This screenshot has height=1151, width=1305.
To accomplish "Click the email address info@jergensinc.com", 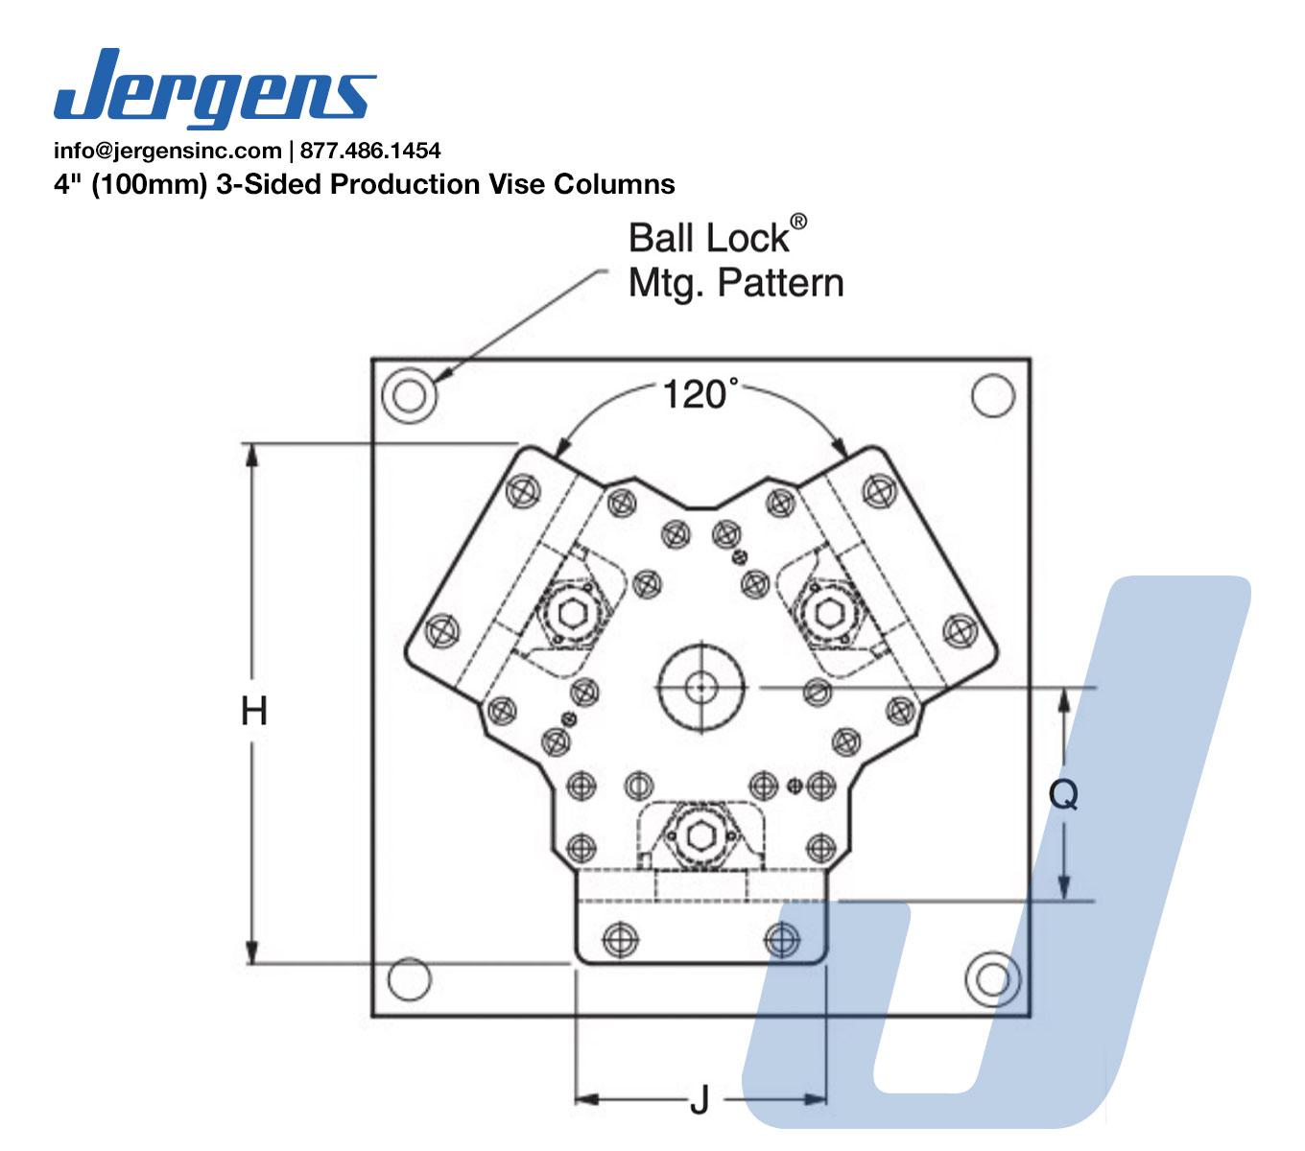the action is pos(168,151).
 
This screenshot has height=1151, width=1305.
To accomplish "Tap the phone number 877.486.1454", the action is pos(370,151).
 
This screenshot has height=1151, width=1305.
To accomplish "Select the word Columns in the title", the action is pos(614,184).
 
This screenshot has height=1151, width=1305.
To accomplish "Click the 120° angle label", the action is pos(700,394).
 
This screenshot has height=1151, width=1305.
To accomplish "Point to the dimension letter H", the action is pos(253,712).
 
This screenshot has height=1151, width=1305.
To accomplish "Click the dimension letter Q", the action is pos(1063,795).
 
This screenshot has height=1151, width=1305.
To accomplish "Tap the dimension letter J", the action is pos(700,1099).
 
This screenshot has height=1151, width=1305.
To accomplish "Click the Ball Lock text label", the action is pos(708,238).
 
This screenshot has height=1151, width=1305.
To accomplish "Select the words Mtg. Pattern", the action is pos(736,283).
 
